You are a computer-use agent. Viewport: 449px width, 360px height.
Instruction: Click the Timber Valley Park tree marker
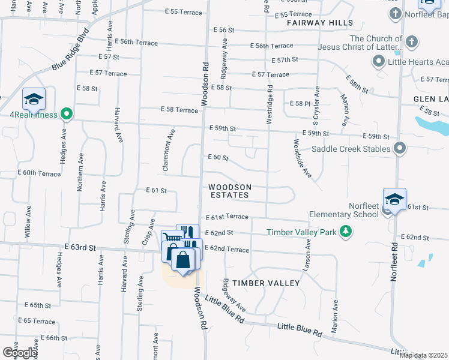click(345, 232)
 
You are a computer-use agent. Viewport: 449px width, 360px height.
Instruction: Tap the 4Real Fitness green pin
click(67, 113)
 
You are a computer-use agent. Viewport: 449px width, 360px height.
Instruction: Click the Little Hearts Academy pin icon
click(379, 61)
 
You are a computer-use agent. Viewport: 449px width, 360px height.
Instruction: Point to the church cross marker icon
click(412, 42)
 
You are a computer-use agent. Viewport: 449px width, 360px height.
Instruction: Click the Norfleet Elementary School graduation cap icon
click(394, 199)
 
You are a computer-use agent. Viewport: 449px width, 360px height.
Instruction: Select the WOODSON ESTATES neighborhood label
click(229, 191)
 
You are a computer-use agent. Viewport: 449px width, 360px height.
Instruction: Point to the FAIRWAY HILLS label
click(319, 23)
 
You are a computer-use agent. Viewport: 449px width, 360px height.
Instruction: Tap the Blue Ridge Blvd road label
click(70, 49)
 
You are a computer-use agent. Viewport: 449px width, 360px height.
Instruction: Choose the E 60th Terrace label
click(39, 173)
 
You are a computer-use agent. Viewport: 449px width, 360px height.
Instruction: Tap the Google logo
click(20, 352)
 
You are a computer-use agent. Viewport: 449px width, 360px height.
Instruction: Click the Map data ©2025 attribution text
click(423, 355)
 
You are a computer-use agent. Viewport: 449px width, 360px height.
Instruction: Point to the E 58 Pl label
click(300, 104)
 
